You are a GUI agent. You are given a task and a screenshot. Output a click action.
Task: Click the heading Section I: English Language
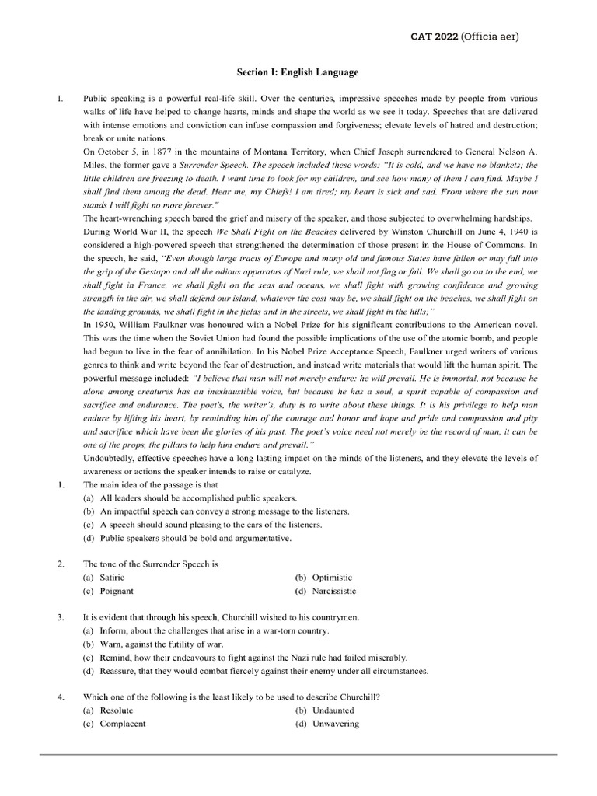pyautogui.click(x=298, y=72)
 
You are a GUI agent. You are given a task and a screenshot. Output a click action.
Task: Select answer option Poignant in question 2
pyautogui.click(x=117, y=591)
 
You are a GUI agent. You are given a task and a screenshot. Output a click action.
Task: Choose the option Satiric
pyautogui.click(x=112, y=578)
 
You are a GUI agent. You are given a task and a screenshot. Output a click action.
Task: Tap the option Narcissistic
pyautogui.click(x=333, y=591)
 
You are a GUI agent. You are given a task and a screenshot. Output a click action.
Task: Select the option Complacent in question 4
pyautogui.click(x=122, y=724)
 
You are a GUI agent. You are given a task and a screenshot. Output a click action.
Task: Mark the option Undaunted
pyautogui.click(x=333, y=710)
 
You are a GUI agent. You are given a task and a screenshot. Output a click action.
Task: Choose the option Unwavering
pyautogui.click(x=335, y=724)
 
